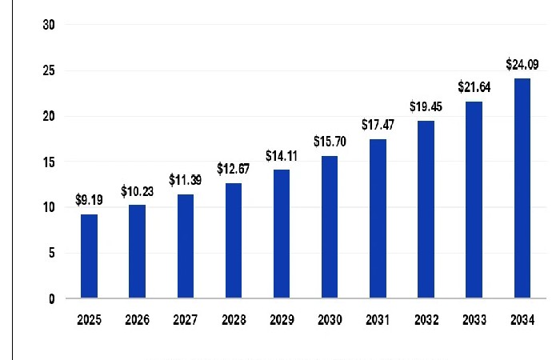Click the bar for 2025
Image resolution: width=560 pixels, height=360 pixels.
pos(90,256)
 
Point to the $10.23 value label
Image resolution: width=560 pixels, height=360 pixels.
pos(137,192)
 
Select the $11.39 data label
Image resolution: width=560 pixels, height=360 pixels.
pos(185,181)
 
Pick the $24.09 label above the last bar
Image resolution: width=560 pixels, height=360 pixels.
pos(522,64)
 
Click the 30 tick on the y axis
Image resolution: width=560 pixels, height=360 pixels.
pos(50,25)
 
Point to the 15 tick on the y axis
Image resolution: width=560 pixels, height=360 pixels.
pos(50,162)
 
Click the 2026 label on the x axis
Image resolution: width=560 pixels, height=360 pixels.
pos(137,320)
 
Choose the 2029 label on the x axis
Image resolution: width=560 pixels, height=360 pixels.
pos(281,320)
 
